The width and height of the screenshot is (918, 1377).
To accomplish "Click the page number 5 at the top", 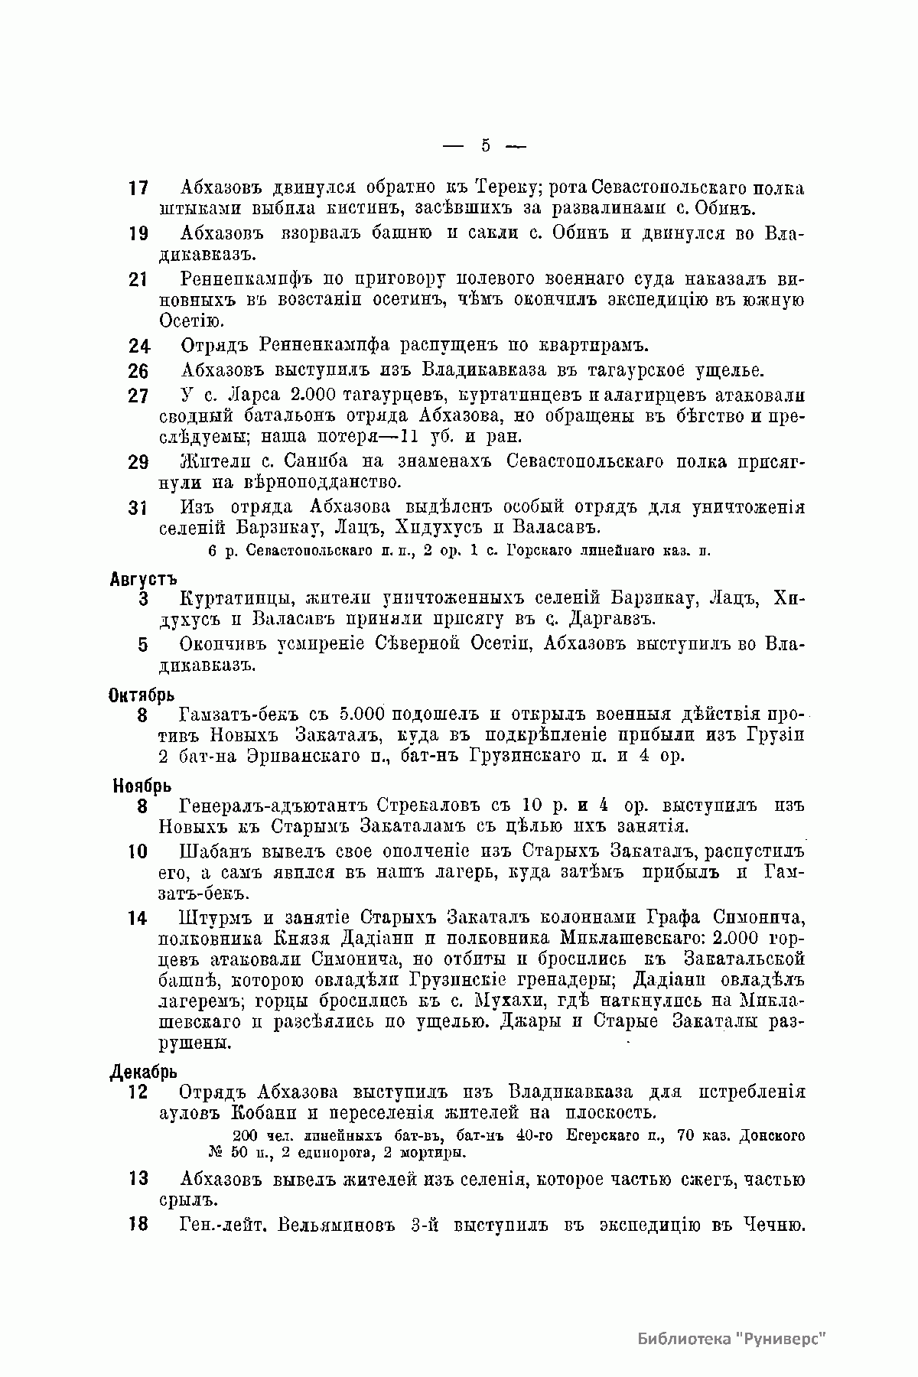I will (x=485, y=145).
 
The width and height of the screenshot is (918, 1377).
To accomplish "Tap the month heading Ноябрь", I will (x=142, y=786).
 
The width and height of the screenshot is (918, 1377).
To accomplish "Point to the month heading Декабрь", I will (x=143, y=1073).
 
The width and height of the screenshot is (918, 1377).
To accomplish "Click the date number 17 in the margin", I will (x=138, y=188).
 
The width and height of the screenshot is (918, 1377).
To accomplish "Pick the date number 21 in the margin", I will (x=138, y=280).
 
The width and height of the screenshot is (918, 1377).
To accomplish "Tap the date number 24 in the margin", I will (x=138, y=346).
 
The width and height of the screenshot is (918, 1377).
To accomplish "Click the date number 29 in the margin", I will (x=138, y=463).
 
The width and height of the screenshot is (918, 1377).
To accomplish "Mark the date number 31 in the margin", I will (x=138, y=508).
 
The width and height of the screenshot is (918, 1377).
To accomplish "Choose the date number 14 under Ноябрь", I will (x=138, y=919).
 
